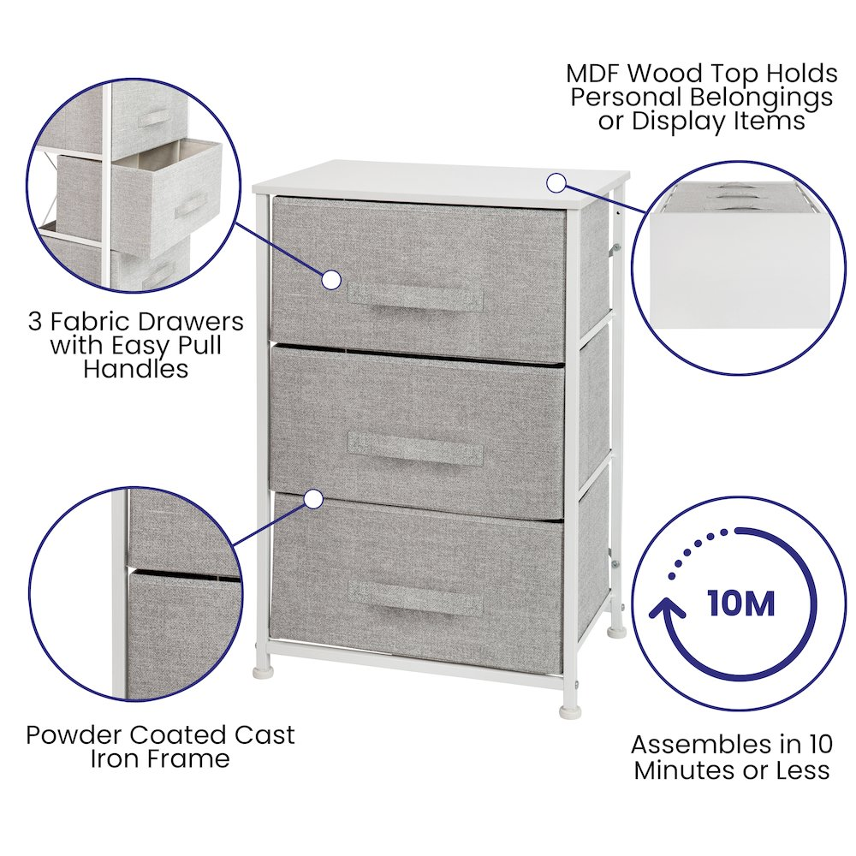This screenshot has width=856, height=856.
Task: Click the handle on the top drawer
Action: coord(415,298)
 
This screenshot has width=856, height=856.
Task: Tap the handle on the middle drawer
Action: coord(415,449)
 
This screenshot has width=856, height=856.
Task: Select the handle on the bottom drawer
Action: coord(415,598)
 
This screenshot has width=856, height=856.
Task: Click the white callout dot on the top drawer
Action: coord(330,280)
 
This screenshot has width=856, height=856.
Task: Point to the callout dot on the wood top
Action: coord(556,183)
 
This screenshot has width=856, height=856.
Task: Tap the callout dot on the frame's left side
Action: coord(314,499)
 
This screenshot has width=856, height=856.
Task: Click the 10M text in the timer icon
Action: coord(741,603)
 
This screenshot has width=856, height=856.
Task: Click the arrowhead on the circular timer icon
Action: coord(667,608)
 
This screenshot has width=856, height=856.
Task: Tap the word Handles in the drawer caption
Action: coord(136,368)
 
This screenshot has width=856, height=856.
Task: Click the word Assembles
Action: coord(700,745)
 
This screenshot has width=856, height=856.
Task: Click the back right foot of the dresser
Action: coord(617,632)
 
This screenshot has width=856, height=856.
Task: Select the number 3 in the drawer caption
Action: coord(35,322)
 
